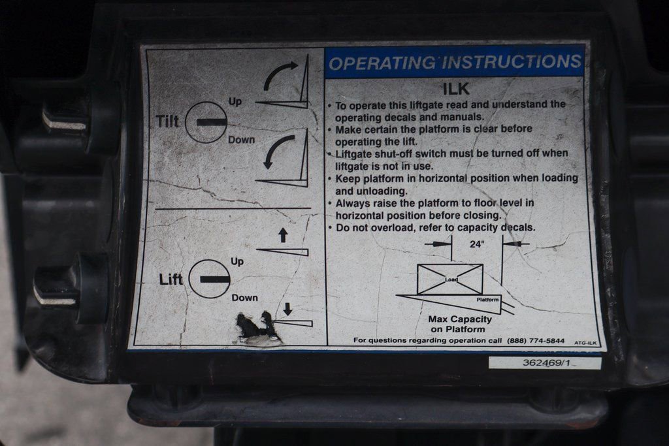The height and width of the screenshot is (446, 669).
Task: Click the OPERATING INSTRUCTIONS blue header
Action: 455,63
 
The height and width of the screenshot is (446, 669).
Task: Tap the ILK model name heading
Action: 455,89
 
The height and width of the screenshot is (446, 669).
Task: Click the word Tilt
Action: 167,121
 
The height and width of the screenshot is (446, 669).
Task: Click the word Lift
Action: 171,279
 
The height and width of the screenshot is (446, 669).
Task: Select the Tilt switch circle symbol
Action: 206,122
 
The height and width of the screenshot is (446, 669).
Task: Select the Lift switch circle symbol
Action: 209,279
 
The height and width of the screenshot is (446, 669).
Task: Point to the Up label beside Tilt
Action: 235,101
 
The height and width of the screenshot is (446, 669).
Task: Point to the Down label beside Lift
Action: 244,298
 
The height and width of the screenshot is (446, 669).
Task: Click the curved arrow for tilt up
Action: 276,72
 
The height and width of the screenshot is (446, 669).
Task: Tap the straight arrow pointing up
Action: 283,235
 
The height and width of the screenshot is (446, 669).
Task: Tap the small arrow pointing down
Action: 287,309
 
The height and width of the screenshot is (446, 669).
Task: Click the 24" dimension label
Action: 477,244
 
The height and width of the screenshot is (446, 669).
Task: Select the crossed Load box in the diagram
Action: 450,279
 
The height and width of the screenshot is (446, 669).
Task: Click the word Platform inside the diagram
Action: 487,300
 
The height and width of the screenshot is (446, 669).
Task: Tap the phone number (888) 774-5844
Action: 536,341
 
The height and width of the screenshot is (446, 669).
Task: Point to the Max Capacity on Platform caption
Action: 460,324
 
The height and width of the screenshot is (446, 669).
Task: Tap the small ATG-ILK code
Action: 585,343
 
